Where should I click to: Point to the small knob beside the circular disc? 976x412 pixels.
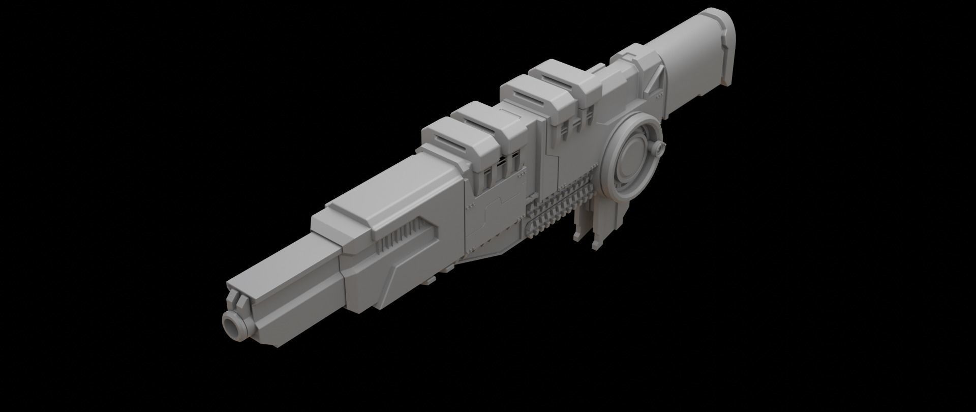tap(660, 149)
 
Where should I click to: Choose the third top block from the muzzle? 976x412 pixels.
tap(524, 92)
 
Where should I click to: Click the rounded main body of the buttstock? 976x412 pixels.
tap(691, 51)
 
